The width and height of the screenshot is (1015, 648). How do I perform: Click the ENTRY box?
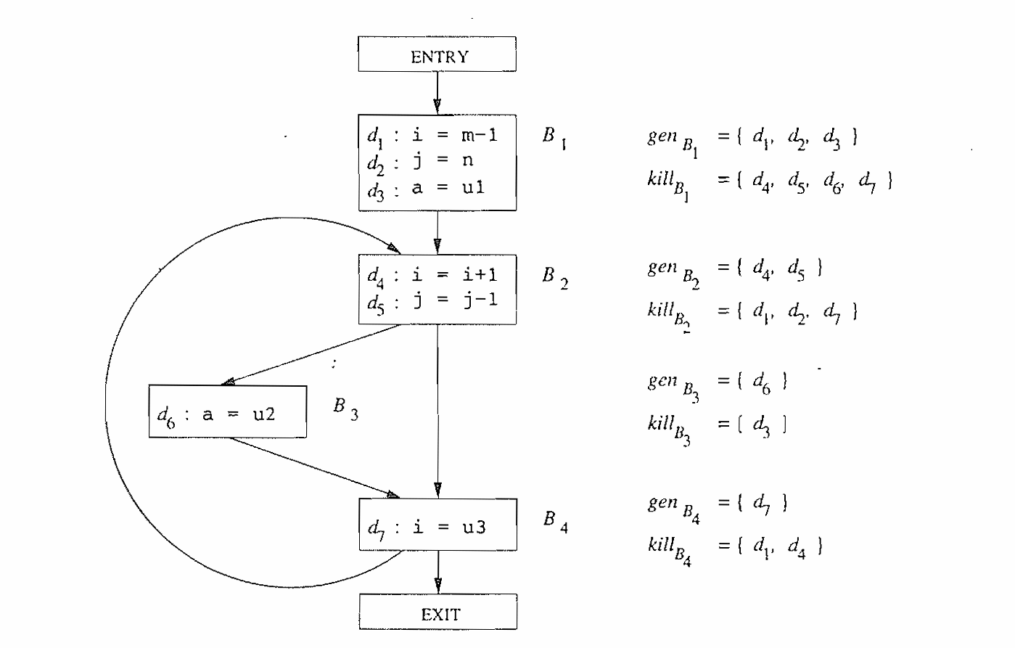437,54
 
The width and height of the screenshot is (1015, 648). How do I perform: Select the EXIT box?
437,612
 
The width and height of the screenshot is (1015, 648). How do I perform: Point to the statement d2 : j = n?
421,161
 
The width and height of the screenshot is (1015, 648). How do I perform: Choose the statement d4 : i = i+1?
432,275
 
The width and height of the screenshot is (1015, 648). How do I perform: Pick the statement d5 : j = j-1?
432,300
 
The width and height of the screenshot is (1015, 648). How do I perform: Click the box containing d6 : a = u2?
227,412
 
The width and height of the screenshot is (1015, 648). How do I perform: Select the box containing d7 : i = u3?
437,525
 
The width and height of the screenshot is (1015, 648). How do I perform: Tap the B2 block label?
555,277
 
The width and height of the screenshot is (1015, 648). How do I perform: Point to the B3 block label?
345,409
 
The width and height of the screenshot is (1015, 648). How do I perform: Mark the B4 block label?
555,521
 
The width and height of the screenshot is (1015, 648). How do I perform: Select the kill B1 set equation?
769,182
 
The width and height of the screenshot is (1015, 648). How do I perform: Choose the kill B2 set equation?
753,313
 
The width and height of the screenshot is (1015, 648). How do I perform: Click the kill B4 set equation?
735,547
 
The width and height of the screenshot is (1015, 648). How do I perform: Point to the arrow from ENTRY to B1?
437,92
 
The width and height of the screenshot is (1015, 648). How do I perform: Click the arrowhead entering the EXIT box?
437,586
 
